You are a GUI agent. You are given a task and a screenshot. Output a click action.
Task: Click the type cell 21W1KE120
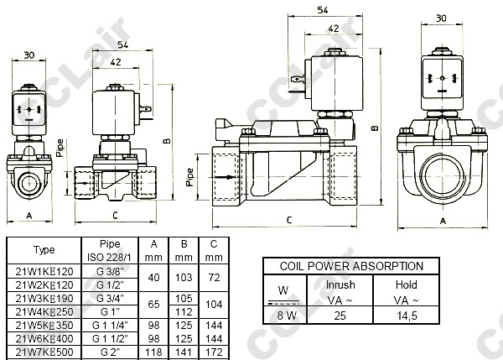44,272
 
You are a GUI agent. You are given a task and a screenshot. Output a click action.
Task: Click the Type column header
44,249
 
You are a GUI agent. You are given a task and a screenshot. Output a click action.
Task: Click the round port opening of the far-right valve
441,175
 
